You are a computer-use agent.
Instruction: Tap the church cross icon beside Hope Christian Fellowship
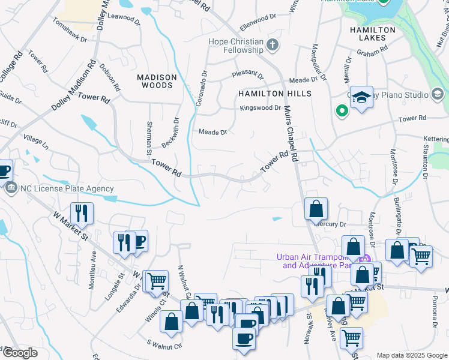(273, 45)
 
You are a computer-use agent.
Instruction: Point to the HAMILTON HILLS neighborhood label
(275, 94)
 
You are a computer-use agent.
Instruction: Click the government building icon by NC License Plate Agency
(11, 188)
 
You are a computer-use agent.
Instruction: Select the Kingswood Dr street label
(261, 108)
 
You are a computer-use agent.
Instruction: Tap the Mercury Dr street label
(333, 224)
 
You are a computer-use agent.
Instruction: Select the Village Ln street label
(36, 142)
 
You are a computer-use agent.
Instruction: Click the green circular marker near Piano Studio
(342, 111)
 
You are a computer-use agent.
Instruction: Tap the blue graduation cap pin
(362, 97)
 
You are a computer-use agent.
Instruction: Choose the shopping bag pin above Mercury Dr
(316, 209)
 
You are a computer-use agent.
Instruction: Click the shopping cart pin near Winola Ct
(157, 280)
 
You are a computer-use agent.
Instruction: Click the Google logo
(20, 353)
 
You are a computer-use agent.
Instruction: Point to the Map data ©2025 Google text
(412, 355)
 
